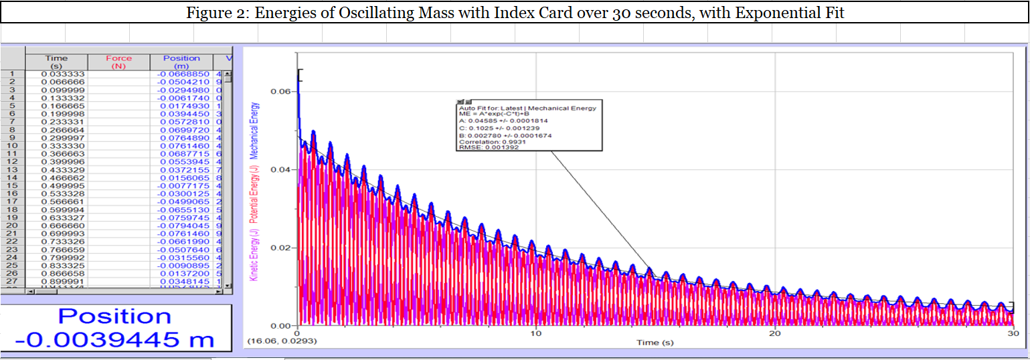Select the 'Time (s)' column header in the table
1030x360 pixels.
pyautogui.click(x=57, y=62)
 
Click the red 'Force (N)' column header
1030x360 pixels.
pyautogui.click(x=119, y=62)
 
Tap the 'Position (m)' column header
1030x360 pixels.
pyautogui.click(x=181, y=62)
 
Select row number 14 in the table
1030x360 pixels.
pyautogui.click(x=11, y=177)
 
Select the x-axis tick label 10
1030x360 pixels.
pyautogui.click(x=535, y=333)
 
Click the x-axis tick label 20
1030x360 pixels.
pyautogui.click(x=774, y=333)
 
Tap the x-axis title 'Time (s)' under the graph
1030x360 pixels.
pyautogui.click(x=655, y=343)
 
